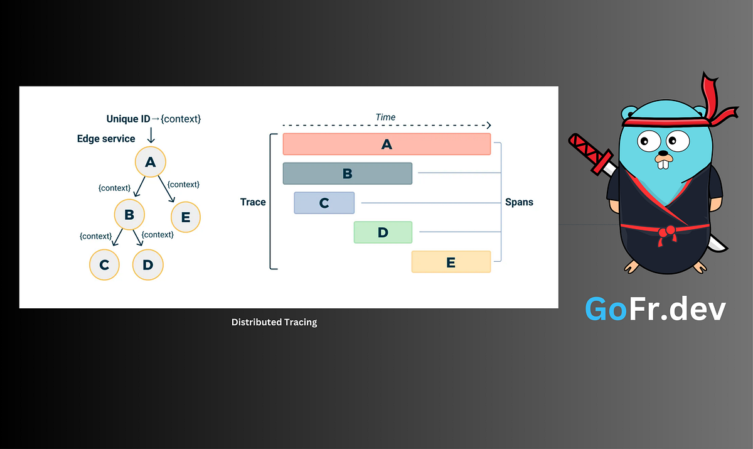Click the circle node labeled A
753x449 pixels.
point(150,163)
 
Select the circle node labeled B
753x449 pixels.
point(129,215)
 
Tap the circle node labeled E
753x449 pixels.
point(186,217)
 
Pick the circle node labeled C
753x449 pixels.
point(105,264)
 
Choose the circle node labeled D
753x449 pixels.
point(148,264)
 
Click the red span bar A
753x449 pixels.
point(387,144)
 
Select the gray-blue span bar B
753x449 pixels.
point(348,174)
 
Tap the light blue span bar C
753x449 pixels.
point(324,203)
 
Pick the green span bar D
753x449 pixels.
point(383,232)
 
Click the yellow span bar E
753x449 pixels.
point(451,262)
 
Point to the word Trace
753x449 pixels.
point(253,202)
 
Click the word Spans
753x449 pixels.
point(519,202)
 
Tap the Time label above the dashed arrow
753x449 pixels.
point(385,117)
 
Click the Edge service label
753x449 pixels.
point(106,138)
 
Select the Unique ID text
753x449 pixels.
point(129,119)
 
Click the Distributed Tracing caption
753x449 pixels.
point(274,322)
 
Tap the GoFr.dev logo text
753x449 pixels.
point(655,309)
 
